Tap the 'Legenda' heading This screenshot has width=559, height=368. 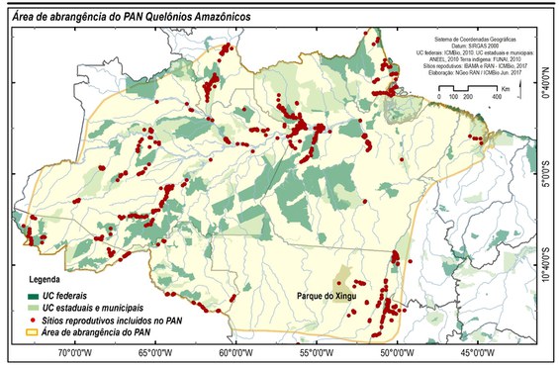pos(45,282)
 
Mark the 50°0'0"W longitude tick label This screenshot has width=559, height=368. pos(395,351)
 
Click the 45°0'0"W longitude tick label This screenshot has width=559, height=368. pos(476,351)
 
